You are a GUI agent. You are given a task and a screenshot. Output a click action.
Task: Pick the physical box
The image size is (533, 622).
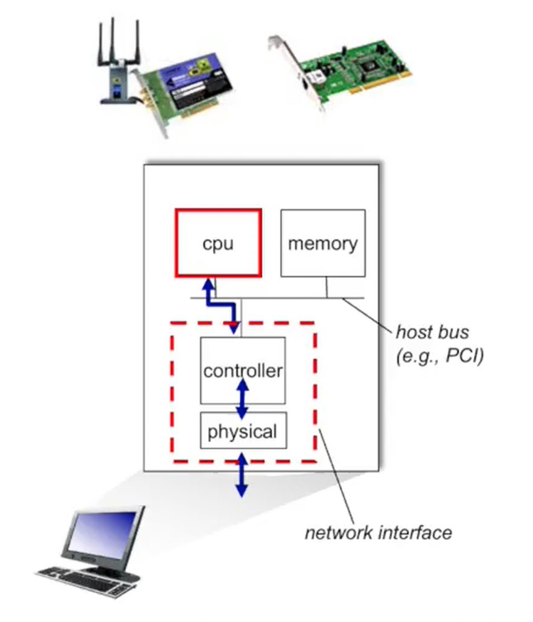tap(243, 430)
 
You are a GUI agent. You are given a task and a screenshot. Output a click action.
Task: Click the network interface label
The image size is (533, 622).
tap(378, 532)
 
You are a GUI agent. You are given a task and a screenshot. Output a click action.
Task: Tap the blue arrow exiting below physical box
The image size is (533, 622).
tap(242, 475)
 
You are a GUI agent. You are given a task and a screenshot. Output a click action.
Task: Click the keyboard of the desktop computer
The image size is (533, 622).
tap(85, 579)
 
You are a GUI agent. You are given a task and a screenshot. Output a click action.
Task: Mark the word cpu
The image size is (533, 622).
tap(218, 244)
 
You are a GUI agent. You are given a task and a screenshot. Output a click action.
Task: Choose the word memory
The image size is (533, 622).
tap(323, 244)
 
